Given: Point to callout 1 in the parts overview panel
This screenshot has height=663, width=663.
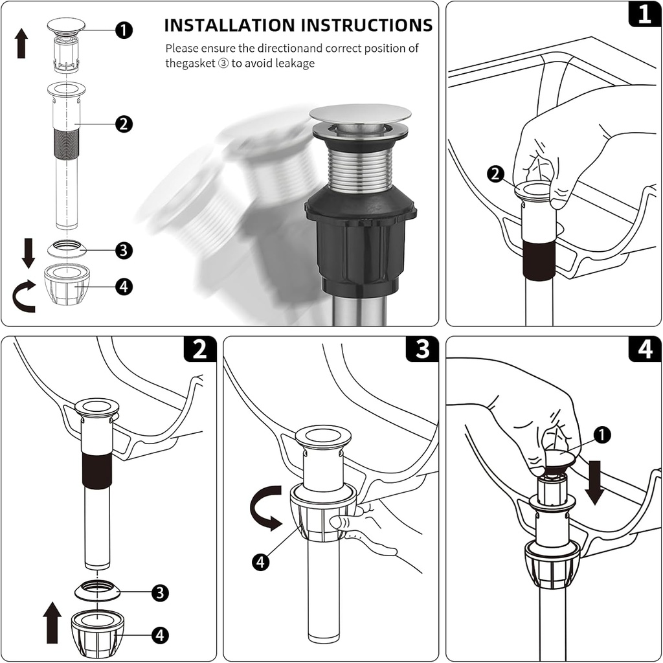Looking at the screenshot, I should pos(124,30).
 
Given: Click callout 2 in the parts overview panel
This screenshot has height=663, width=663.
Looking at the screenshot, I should pos(124,124).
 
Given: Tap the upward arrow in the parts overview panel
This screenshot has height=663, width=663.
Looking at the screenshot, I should pos(21,43).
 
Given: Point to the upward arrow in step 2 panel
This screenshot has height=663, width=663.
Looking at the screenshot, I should pos(52,622).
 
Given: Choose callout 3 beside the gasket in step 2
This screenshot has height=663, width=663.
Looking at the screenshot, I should pos(160,592).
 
